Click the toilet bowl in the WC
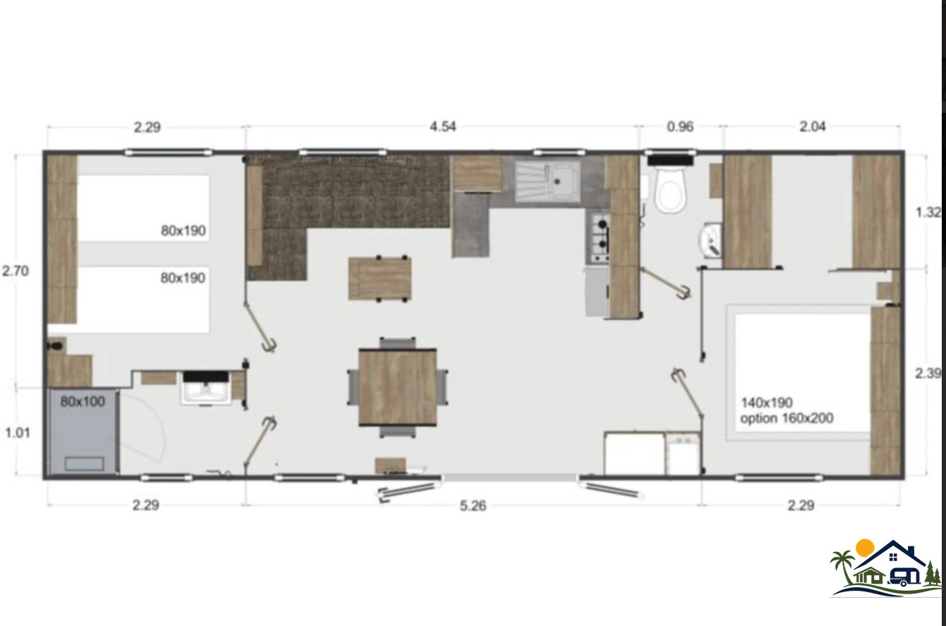[x=670, y=189]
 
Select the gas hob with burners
[x=598, y=238]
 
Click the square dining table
[x=397, y=387]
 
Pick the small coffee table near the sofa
[x=380, y=278]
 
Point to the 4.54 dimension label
[x=442, y=127]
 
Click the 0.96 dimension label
[x=680, y=127]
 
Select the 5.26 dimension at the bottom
[x=473, y=505]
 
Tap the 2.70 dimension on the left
[x=16, y=271]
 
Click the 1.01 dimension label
[x=18, y=433]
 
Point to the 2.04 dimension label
[x=813, y=127]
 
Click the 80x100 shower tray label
[x=83, y=401]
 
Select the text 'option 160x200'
[x=787, y=418]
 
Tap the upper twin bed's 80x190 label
[x=183, y=231]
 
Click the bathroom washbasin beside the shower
[x=206, y=388]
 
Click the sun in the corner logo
[x=865, y=548]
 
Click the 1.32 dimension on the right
[x=928, y=212]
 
